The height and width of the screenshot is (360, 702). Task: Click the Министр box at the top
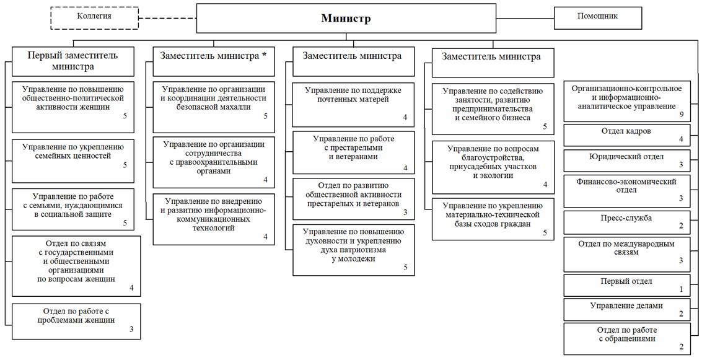coord(345,19)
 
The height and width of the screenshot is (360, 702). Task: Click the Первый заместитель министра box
coord(72,61)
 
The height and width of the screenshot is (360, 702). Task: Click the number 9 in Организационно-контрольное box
coord(681,115)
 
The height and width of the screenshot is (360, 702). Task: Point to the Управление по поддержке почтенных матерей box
coord(353,103)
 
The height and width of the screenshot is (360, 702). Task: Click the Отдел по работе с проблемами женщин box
coord(76,320)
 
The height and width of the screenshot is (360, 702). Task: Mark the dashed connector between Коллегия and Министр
coord(167,18)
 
